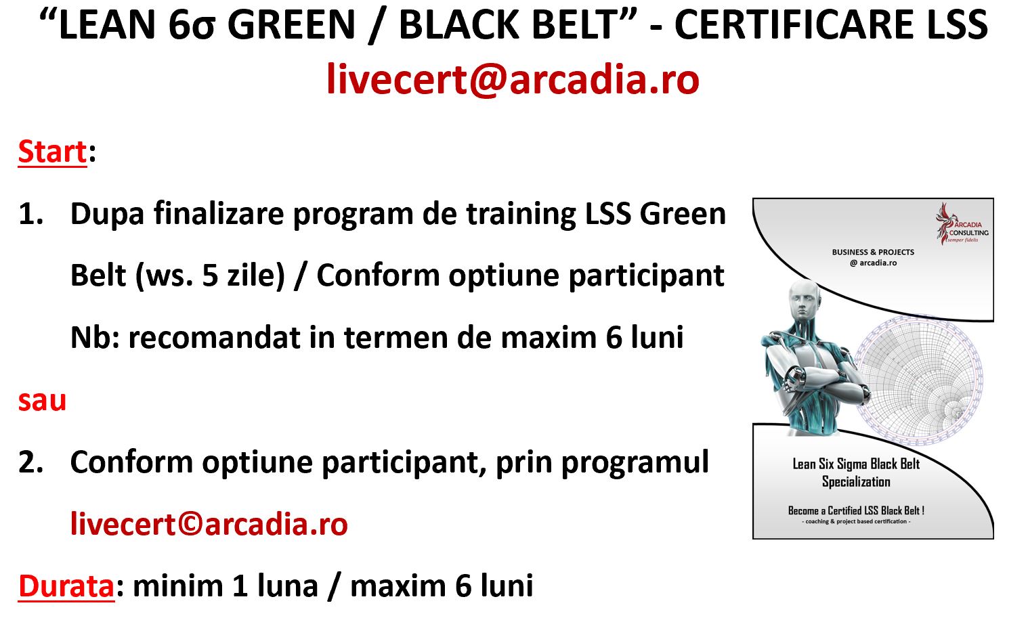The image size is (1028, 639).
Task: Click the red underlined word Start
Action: click(x=52, y=152)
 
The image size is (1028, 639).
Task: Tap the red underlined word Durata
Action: click(x=66, y=586)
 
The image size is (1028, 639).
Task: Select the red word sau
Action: click(x=42, y=401)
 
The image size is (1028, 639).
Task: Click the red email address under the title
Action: click(x=513, y=79)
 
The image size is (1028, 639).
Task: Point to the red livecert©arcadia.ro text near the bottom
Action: click(x=209, y=524)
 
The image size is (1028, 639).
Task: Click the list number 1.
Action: click(x=30, y=214)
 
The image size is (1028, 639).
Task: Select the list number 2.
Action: click(x=30, y=462)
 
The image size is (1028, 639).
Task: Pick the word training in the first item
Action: click(x=521, y=215)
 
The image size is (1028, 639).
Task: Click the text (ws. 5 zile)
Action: click(x=210, y=276)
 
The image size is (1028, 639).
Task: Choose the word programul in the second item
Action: click(x=635, y=463)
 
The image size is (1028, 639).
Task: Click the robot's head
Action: click(x=803, y=301)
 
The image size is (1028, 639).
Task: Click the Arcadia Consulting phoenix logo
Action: click(x=962, y=224)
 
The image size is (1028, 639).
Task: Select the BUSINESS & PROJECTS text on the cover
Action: click(x=873, y=252)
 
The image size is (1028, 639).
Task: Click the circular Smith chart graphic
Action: click(x=918, y=380)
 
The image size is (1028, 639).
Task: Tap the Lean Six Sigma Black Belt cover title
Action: click(x=856, y=473)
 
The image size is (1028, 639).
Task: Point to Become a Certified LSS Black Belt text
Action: click(x=856, y=510)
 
